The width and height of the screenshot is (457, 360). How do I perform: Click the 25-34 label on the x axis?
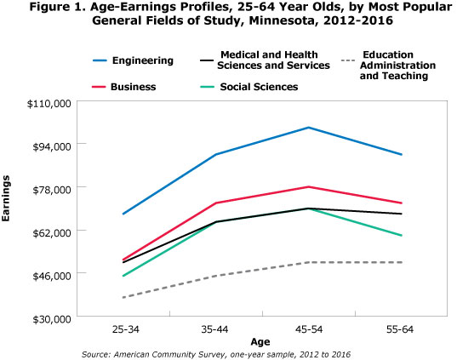tap(123, 329)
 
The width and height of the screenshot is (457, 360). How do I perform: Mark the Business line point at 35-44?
tap(216, 203)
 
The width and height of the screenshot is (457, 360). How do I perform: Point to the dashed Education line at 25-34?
tap(123, 297)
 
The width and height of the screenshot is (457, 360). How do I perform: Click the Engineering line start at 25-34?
tap(123, 214)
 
